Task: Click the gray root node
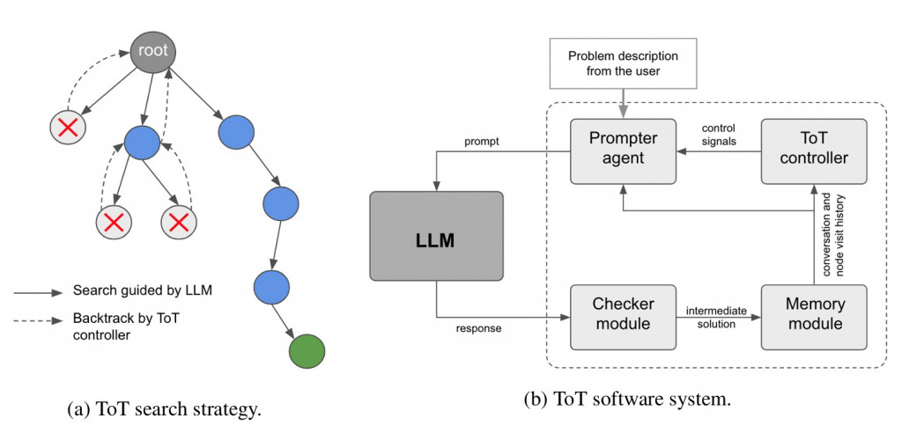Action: pos(153,52)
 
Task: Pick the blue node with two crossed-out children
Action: pos(141,142)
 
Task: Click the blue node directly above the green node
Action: pos(271,287)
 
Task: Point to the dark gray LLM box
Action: pos(436,239)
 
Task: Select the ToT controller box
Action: pos(814,150)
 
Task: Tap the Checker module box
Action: pos(623,314)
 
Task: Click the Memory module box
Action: pos(814,314)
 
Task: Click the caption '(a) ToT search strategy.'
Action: pos(165,408)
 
